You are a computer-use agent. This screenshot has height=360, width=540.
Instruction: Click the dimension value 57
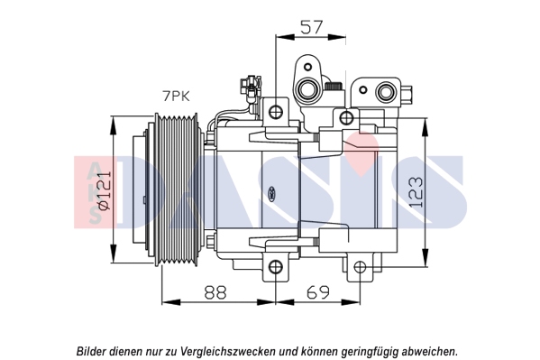312,27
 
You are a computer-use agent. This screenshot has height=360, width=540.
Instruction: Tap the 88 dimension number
215,292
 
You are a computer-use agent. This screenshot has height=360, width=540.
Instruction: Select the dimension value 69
318,292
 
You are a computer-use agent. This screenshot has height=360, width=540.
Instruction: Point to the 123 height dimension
416,192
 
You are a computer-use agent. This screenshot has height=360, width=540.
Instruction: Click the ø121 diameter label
105,190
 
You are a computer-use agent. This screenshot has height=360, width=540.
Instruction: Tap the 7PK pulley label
176,97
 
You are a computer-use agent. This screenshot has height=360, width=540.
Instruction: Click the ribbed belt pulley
177,189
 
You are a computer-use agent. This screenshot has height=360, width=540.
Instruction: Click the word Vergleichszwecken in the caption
228,351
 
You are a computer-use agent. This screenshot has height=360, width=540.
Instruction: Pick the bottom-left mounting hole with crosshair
276,266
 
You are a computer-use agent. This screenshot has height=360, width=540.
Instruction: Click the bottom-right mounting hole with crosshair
361,266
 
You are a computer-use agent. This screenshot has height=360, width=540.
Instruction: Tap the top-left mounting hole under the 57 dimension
276,111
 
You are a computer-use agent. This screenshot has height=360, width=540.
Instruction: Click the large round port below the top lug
307,89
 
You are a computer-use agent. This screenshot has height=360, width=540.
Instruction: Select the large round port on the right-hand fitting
385,92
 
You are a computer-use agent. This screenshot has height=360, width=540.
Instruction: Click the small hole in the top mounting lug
308,66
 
